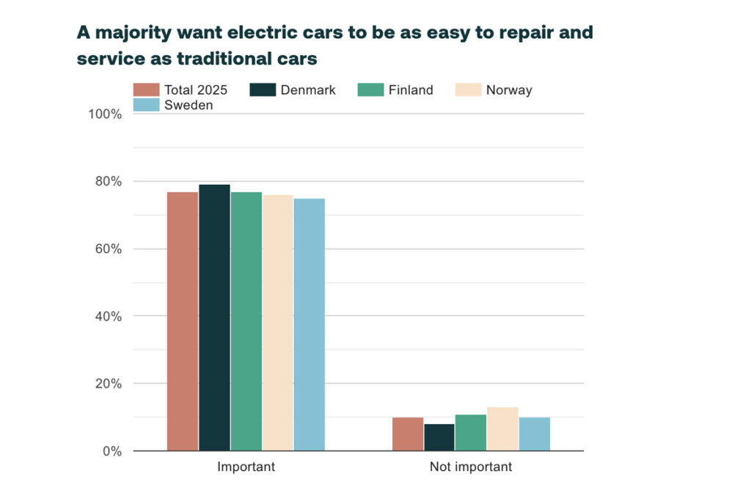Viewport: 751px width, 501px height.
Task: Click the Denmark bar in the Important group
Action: (214, 317)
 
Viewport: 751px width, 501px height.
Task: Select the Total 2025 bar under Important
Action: (183, 321)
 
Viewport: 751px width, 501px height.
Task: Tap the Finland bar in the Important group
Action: (246, 321)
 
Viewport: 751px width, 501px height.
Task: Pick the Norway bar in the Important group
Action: (278, 322)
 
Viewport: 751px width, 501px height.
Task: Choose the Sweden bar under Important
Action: (309, 324)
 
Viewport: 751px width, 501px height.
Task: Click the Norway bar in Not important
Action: (503, 429)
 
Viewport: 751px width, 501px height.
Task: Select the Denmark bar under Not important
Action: (439, 437)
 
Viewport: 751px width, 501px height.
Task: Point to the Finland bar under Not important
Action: (471, 433)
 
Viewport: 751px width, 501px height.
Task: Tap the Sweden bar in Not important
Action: (535, 434)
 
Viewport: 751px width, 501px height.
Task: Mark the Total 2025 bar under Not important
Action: (408, 434)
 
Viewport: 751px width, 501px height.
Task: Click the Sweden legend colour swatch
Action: (147, 105)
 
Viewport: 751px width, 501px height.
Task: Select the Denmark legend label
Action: (308, 90)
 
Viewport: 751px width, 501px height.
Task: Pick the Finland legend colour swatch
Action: (371, 90)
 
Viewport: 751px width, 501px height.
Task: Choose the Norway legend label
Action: (509, 90)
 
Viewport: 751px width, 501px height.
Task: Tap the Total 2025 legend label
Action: (196, 90)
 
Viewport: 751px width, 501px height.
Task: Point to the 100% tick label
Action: (106, 114)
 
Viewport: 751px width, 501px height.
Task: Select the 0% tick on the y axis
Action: (112, 451)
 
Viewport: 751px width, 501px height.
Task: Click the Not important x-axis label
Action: (471, 467)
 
